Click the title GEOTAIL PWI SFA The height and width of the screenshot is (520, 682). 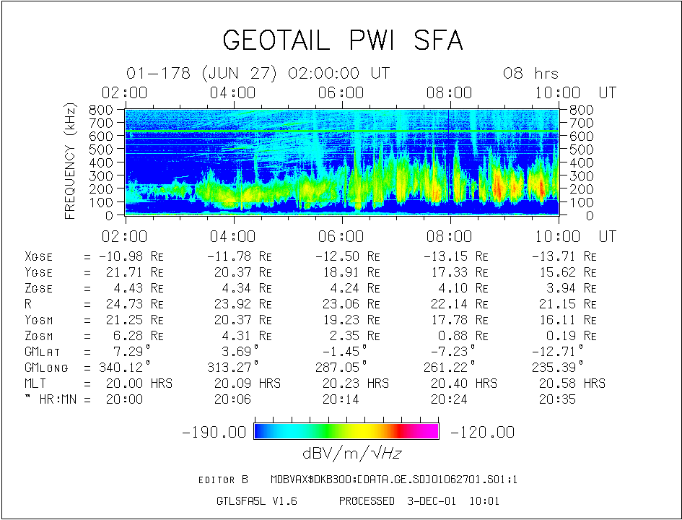click(342, 40)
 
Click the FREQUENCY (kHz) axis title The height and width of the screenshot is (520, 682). click(71, 160)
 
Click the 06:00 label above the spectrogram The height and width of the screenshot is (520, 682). click(342, 92)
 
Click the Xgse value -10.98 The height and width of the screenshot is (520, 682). click(122, 256)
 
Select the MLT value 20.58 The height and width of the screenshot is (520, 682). click(556, 383)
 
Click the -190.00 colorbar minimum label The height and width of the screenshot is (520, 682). click(214, 432)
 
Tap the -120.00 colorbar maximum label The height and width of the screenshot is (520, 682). click(482, 432)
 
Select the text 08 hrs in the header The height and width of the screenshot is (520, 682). click(530, 74)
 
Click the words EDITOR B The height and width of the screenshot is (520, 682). click(223, 480)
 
